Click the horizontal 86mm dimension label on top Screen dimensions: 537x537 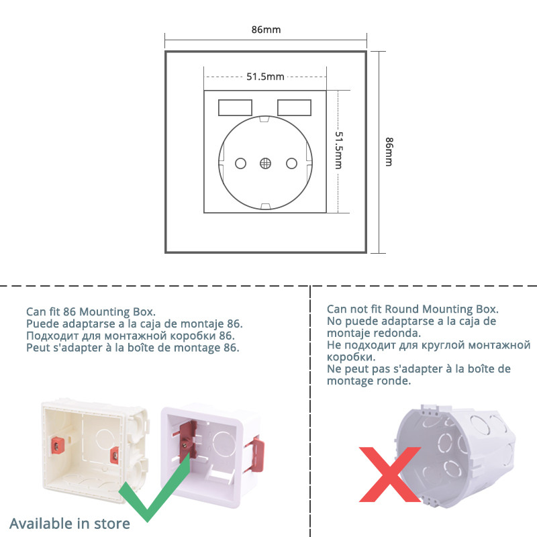(266, 30)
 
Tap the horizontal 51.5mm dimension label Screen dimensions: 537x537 (265, 77)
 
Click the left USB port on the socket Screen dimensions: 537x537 (235, 107)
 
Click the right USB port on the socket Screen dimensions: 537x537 (294, 107)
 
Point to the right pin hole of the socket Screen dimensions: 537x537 (291, 162)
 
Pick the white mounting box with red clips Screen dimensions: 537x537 (208, 453)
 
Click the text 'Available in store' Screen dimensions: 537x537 (69, 523)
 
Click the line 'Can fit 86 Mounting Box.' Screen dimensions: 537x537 (91, 311)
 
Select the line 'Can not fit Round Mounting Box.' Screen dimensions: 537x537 (413, 309)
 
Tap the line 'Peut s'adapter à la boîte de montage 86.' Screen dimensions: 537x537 (132, 348)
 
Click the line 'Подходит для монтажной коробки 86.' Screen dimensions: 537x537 (130, 336)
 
